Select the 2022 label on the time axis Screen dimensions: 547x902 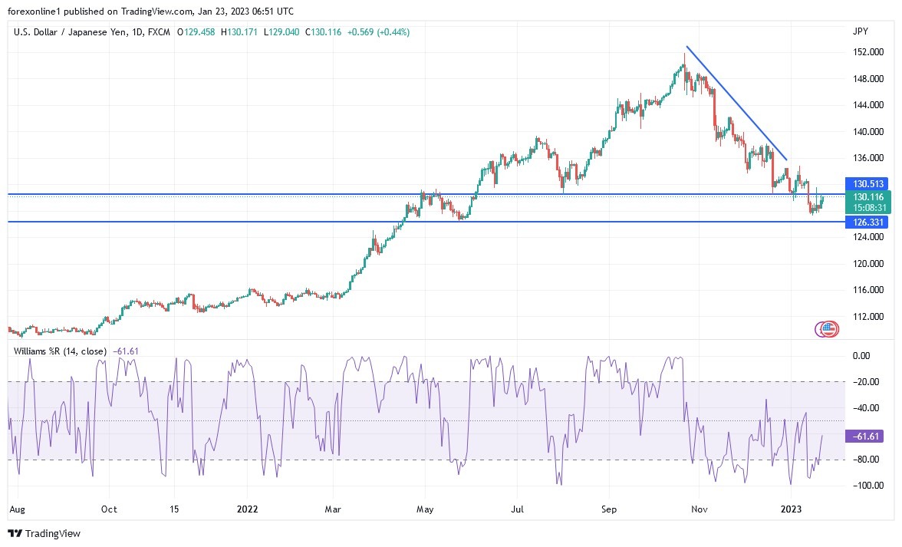247,509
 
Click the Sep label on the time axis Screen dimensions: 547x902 609,509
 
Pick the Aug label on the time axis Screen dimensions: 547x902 16,509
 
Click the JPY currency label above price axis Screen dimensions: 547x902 860,31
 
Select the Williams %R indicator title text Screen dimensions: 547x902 61,351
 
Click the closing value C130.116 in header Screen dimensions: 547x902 324,32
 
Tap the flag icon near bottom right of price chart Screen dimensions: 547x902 828,329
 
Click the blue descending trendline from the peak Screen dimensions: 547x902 736,103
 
